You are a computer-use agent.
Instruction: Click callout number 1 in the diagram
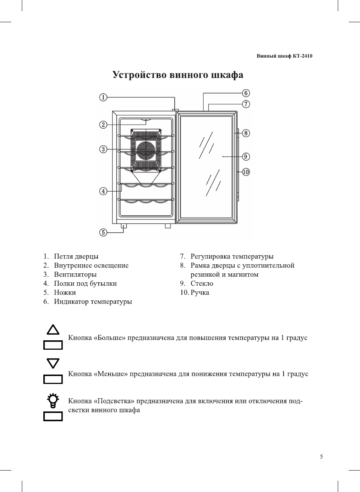[x=103, y=97]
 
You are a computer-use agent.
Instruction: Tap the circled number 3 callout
[x=103, y=149]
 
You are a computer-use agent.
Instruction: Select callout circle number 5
[x=103, y=232]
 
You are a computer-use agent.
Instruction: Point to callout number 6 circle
[x=246, y=93]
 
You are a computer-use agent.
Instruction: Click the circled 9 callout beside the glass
[x=246, y=156]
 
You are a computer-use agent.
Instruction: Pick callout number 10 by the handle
[x=246, y=172]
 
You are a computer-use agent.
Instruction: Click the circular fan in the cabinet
[x=146, y=150]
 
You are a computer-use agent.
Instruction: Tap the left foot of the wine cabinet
[x=124, y=226]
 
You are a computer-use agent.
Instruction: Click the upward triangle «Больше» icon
[x=53, y=330]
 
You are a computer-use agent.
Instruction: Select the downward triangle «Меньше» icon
[x=53, y=363]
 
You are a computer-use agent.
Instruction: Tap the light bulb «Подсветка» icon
[x=53, y=400]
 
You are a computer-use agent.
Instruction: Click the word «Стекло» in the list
[x=202, y=283]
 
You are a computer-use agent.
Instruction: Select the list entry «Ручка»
[x=200, y=292]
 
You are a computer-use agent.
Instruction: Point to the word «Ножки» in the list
[x=65, y=292]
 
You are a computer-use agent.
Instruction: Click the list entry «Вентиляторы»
[x=75, y=274]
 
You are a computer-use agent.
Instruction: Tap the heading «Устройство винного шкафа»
[x=178, y=75]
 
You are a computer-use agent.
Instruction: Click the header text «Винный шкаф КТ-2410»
[x=284, y=56]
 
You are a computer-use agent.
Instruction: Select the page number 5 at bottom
[x=321, y=457]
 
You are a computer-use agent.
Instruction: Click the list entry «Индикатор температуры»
[x=93, y=302]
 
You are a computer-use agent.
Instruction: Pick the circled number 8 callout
[x=246, y=133]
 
